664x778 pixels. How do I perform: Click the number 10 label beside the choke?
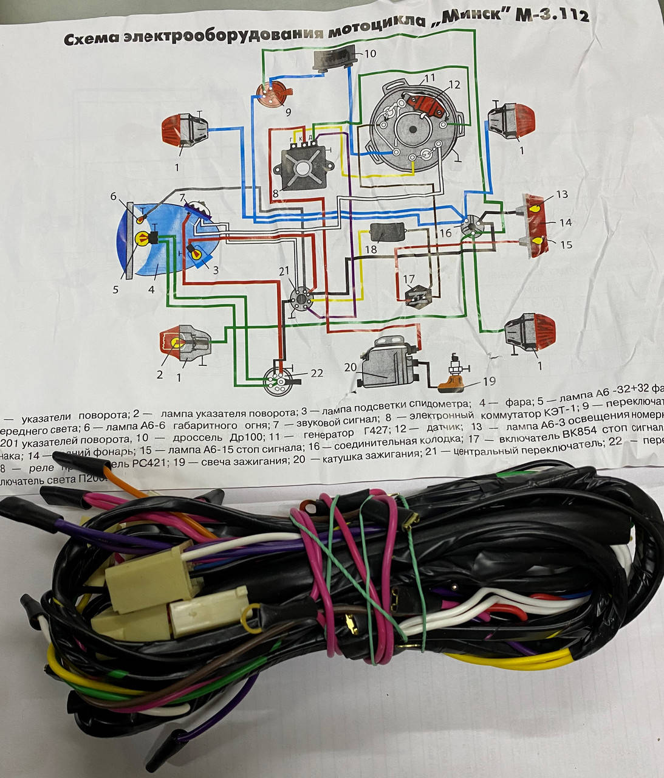tap(370, 53)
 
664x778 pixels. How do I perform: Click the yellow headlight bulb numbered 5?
tap(139, 238)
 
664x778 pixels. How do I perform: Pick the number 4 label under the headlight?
tap(151, 290)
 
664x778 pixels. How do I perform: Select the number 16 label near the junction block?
tap(445, 232)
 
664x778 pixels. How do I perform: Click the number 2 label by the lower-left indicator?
tap(160, 375)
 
